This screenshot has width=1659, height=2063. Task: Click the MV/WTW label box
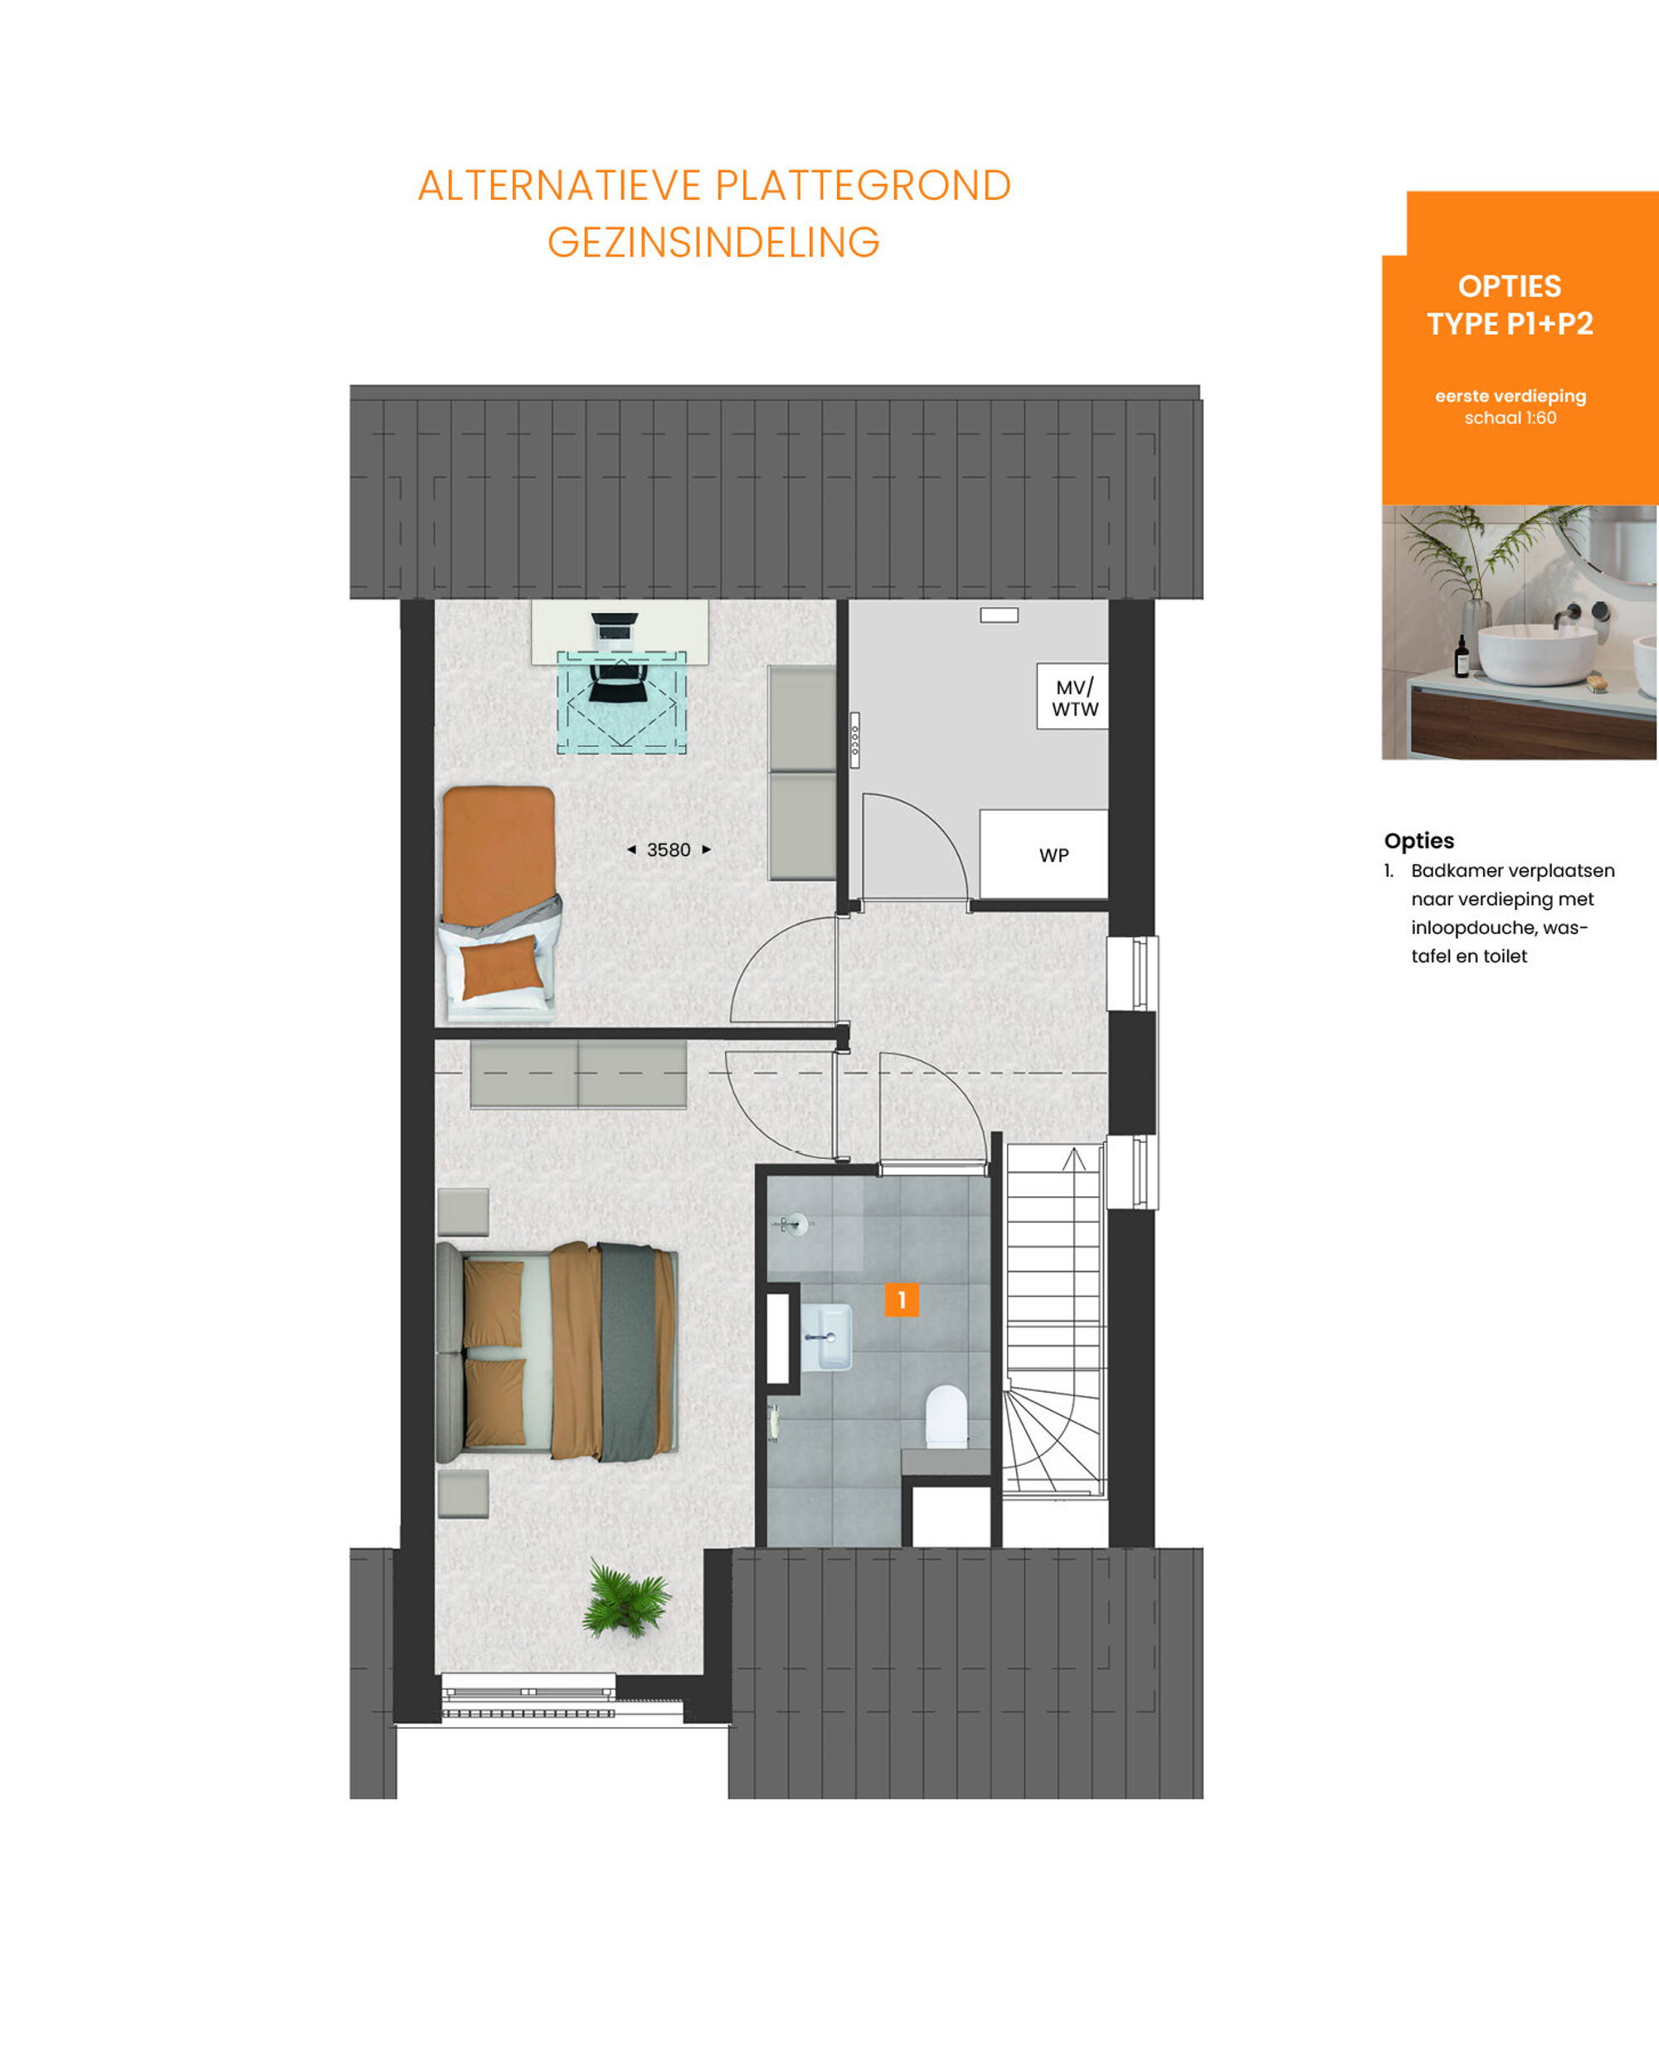click(1073, 697)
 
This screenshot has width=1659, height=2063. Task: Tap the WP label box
click(1044, 854)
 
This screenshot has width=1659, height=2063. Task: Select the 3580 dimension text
click(668, 849)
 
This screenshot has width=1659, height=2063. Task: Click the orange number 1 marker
click(902, 1299)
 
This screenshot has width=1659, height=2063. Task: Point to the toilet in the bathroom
click(946, 1414)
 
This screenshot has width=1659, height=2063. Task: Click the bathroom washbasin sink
click(825, 1336)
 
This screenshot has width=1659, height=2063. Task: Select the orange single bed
click(499, 903)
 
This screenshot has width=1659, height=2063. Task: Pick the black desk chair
click(612, 679)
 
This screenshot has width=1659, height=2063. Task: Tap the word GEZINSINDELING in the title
click(713, 242)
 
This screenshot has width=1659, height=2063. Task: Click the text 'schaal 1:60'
click(1510, 418)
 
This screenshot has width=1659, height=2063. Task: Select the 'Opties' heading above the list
click(1418, 840)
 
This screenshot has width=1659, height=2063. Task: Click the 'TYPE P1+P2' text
click(1510, 324)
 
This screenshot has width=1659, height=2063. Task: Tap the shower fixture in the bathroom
click(791, 1223)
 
